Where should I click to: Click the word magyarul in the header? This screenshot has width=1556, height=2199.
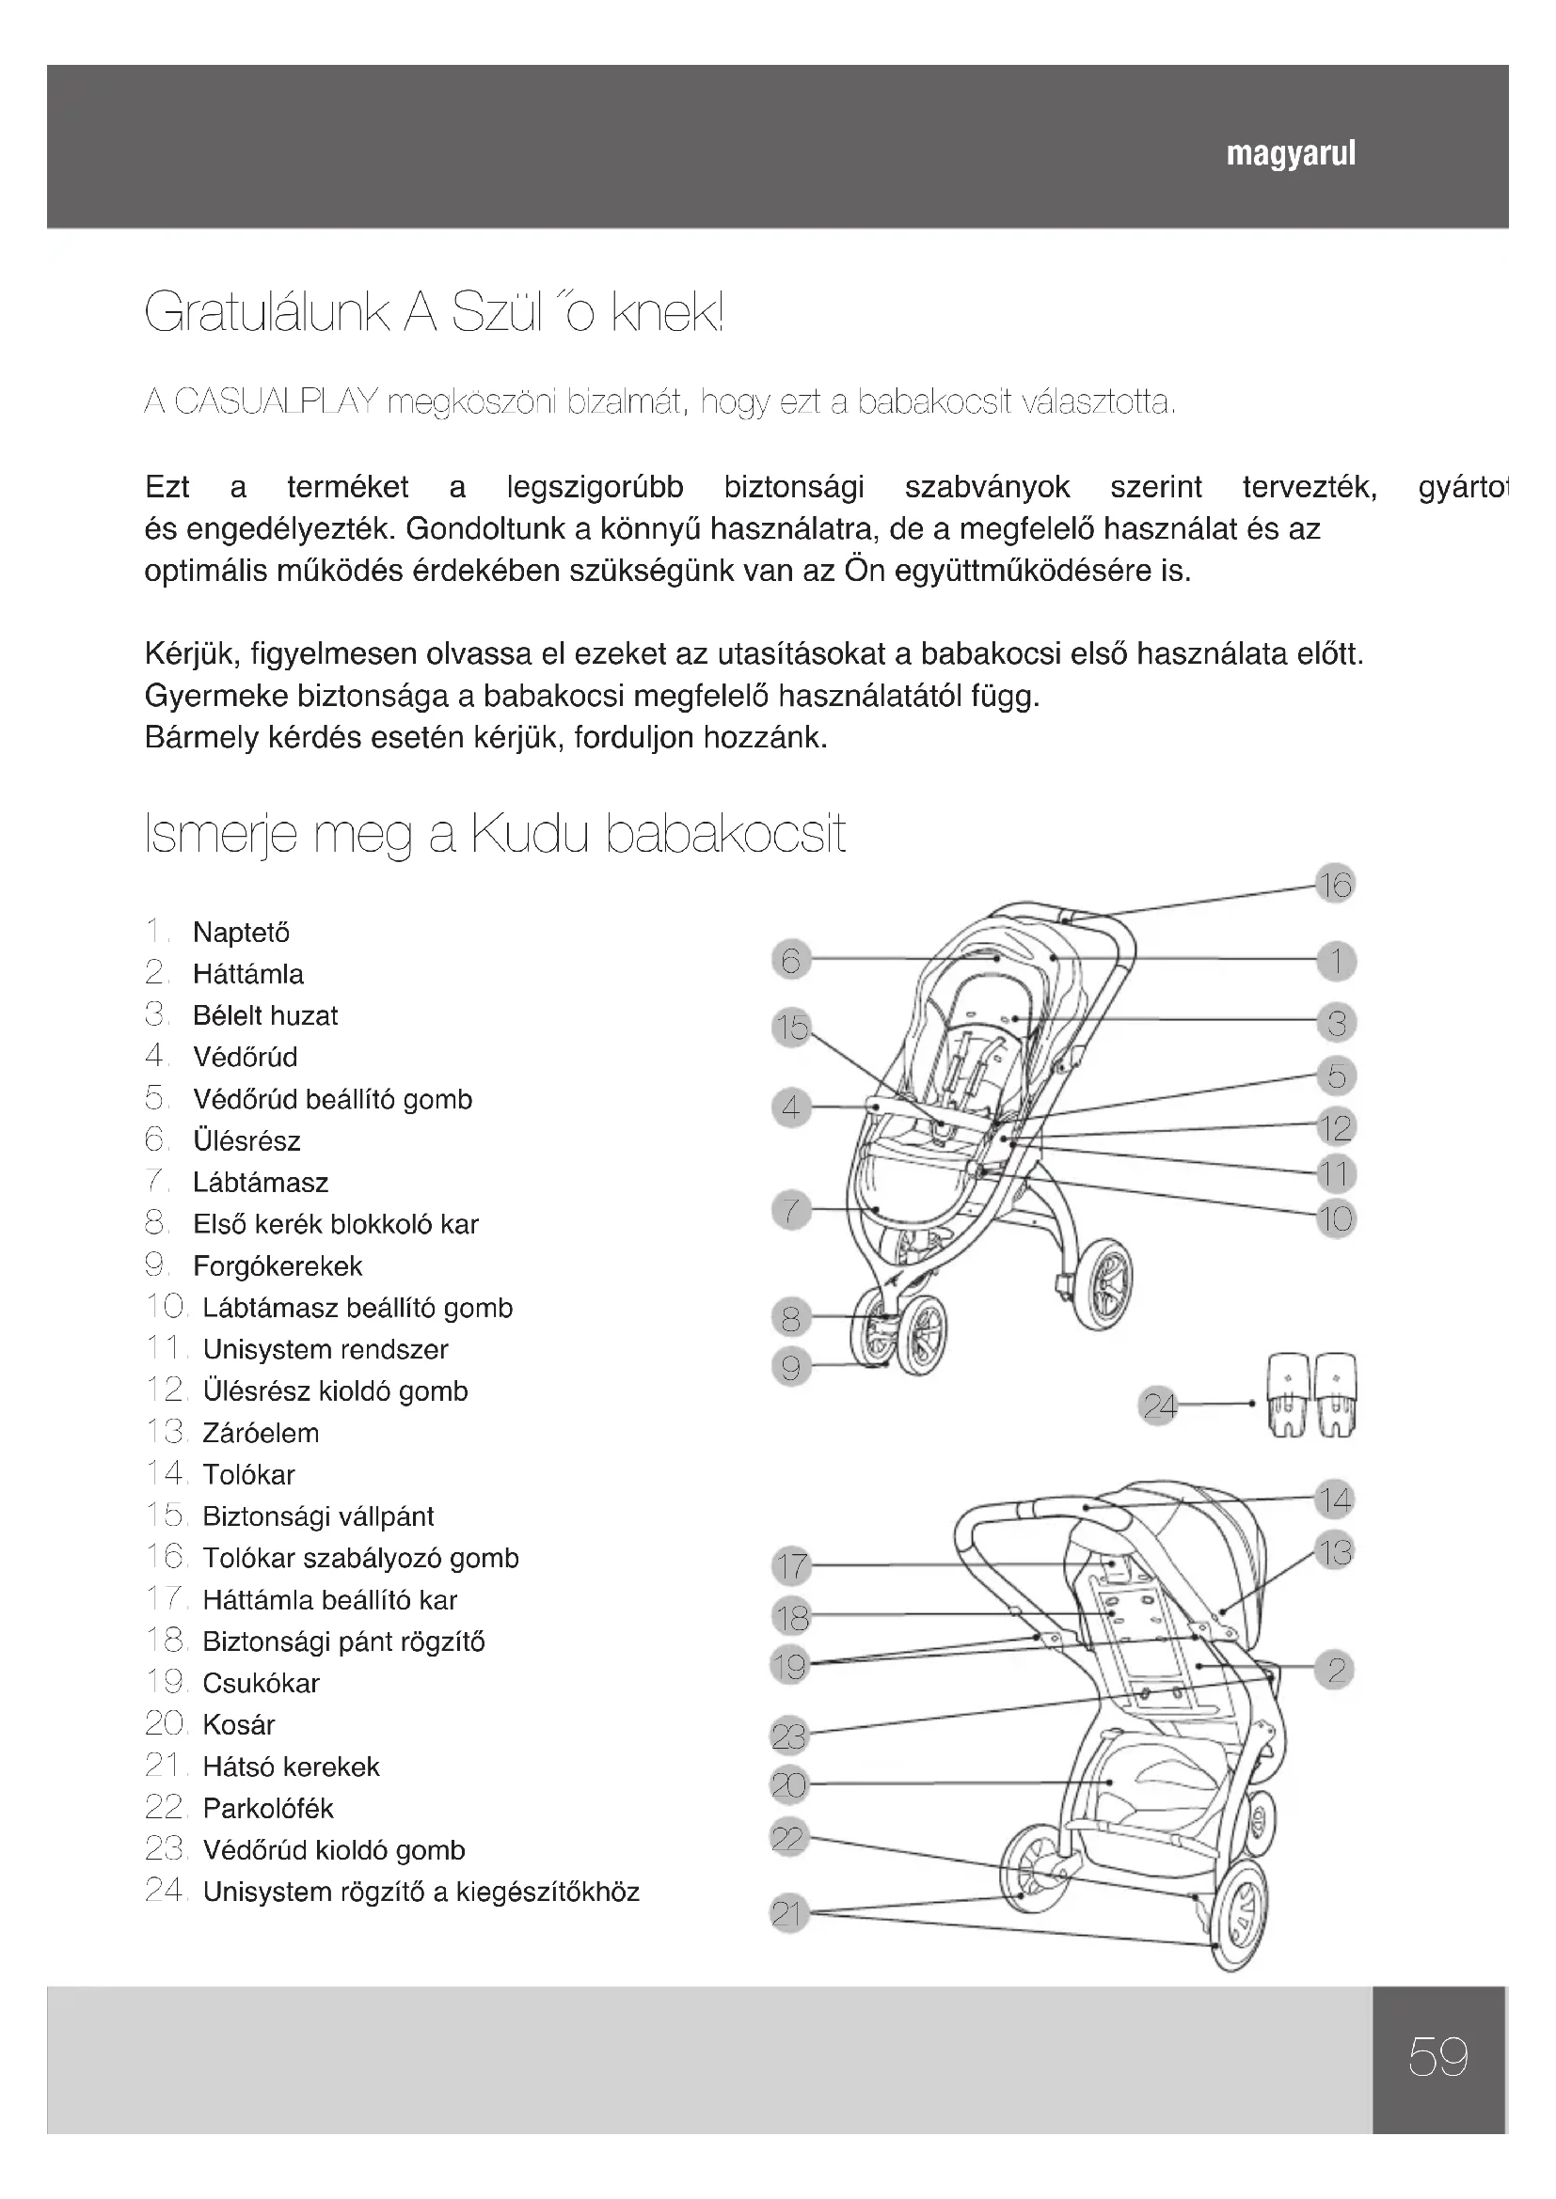point(1291,154)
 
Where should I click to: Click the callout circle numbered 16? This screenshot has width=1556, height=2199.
point(1335,884)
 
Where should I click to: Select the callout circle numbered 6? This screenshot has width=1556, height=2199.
point(790,960)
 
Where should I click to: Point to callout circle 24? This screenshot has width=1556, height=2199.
point(1159,1406)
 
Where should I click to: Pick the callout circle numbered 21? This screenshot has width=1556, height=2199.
point(787,1913)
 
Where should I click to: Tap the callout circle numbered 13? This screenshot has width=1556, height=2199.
point(1335,1551)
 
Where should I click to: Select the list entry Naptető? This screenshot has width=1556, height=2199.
point(241,932)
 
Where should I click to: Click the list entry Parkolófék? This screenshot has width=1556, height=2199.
point(267,1808)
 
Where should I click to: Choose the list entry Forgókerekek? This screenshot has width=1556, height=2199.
point(277,1266)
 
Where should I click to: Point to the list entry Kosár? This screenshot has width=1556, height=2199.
point(239,1725)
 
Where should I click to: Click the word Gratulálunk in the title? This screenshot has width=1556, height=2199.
point(266,312)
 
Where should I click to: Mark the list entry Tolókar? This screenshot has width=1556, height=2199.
point(248,1475)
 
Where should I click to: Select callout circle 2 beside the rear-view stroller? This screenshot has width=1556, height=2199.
point(1335,1671)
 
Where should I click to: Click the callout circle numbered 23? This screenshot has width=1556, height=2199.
point(789,1735)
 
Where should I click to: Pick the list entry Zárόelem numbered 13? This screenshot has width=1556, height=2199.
point(261,1433)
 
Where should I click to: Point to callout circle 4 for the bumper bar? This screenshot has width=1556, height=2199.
point(790,1108)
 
